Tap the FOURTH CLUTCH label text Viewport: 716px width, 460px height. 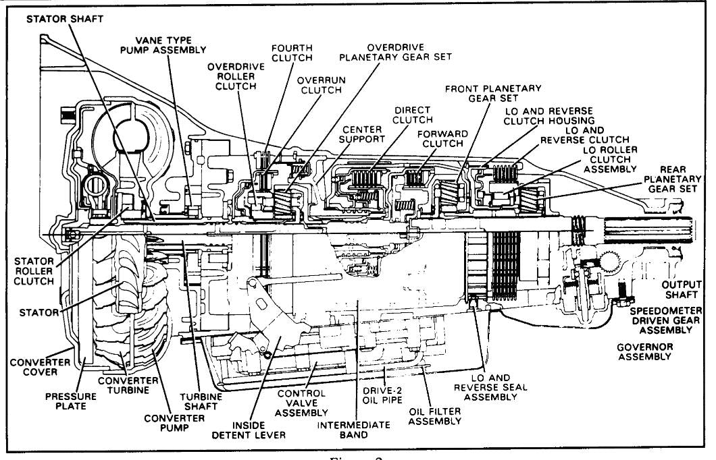tap(291, 54)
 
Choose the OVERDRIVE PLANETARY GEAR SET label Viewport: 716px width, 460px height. tap(409, 53)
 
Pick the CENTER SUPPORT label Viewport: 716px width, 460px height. tap(364, 134)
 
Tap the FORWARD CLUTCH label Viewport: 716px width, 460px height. tap(442, 140)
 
